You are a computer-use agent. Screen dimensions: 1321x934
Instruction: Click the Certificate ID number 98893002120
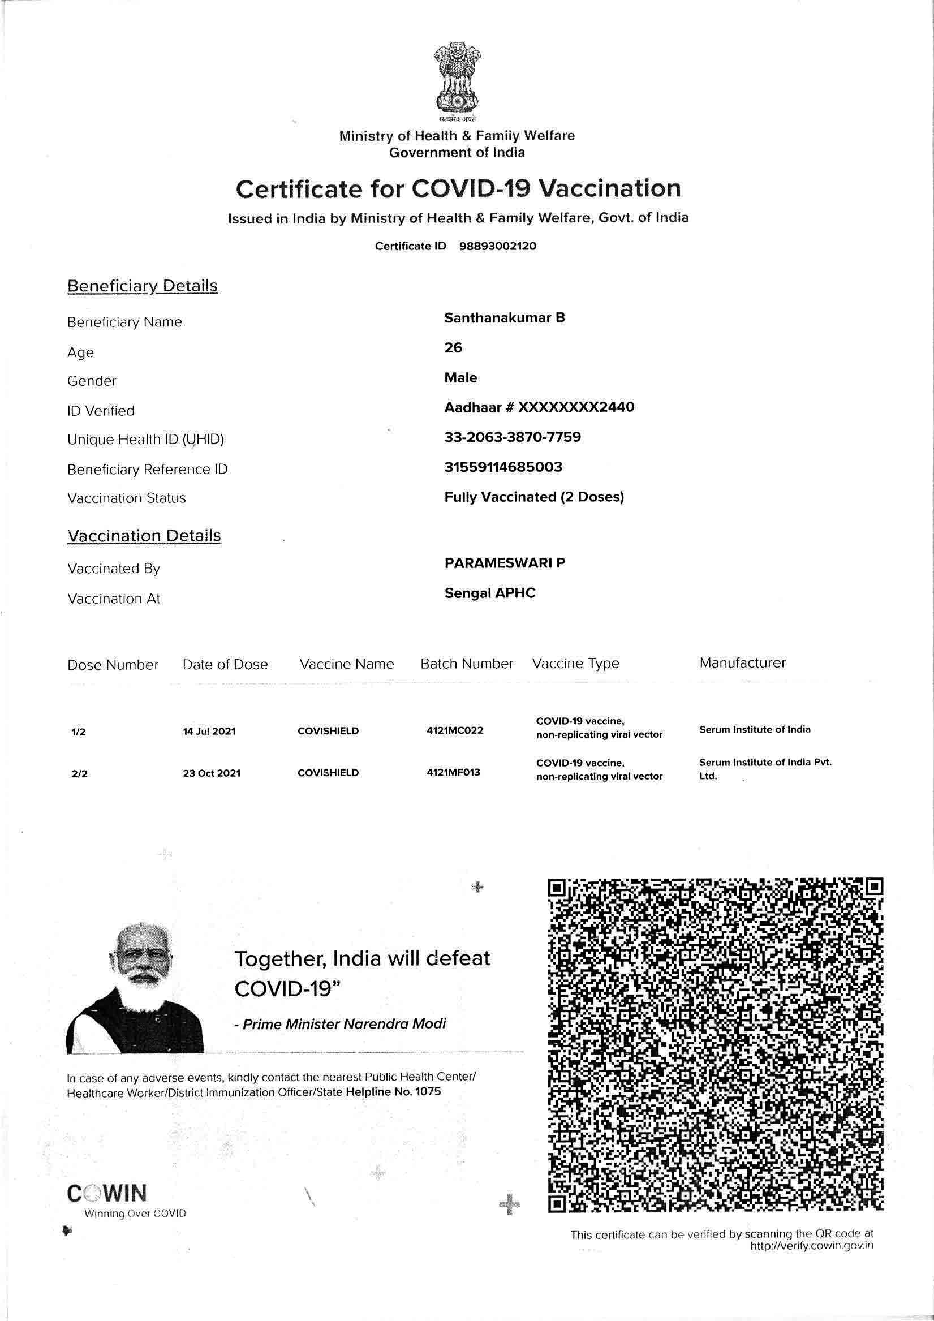coord(497,246)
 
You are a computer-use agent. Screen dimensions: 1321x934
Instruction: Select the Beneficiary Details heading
coord(142,286)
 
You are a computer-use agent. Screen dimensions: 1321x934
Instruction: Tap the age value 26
coord(453,347)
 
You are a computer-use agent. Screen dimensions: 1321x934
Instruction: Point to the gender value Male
coord(460,377)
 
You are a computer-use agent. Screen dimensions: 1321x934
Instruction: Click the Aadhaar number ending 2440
coord(539,407)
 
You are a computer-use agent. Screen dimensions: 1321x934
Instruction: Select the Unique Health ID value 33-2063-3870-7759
coord(512,437)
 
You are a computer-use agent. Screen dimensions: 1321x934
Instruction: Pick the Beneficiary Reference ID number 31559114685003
coord(503,467)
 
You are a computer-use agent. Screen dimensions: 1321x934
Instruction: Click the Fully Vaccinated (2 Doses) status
coord(533,497)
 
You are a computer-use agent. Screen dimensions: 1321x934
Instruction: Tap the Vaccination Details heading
coord(144,536)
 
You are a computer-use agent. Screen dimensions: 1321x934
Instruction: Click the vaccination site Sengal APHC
coord(490,593)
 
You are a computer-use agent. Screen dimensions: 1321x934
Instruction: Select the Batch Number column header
coord(466,664)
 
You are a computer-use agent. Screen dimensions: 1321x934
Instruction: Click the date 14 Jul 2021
coord(209,732)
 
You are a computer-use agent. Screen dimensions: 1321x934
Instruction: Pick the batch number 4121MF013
coord(454,772)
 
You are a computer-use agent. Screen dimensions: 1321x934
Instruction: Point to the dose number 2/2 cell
coord(79,774)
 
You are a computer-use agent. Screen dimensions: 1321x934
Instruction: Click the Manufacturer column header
coord(742,663)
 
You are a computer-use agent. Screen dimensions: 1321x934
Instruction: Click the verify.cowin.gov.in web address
coord(811,1246)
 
